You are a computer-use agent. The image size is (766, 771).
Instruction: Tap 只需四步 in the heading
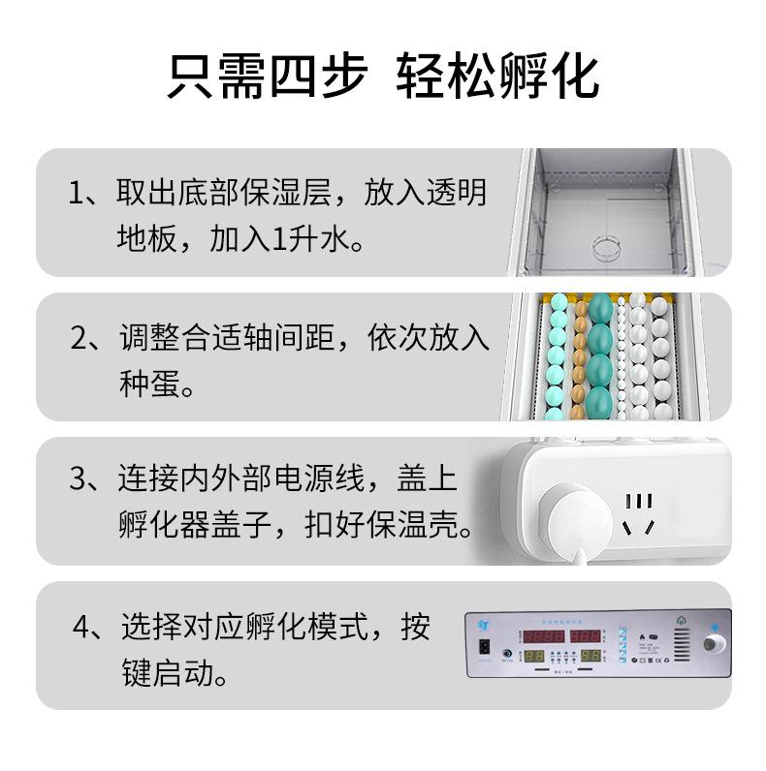266,75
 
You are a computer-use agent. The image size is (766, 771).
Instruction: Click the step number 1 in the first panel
78,192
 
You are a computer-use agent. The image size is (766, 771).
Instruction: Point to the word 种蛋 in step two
152,385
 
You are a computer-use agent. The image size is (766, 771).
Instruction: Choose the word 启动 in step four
199,673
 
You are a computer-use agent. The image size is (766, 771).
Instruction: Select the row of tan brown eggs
581,358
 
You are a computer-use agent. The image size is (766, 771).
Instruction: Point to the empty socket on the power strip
637,513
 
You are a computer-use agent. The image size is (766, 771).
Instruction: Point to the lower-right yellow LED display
588,656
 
